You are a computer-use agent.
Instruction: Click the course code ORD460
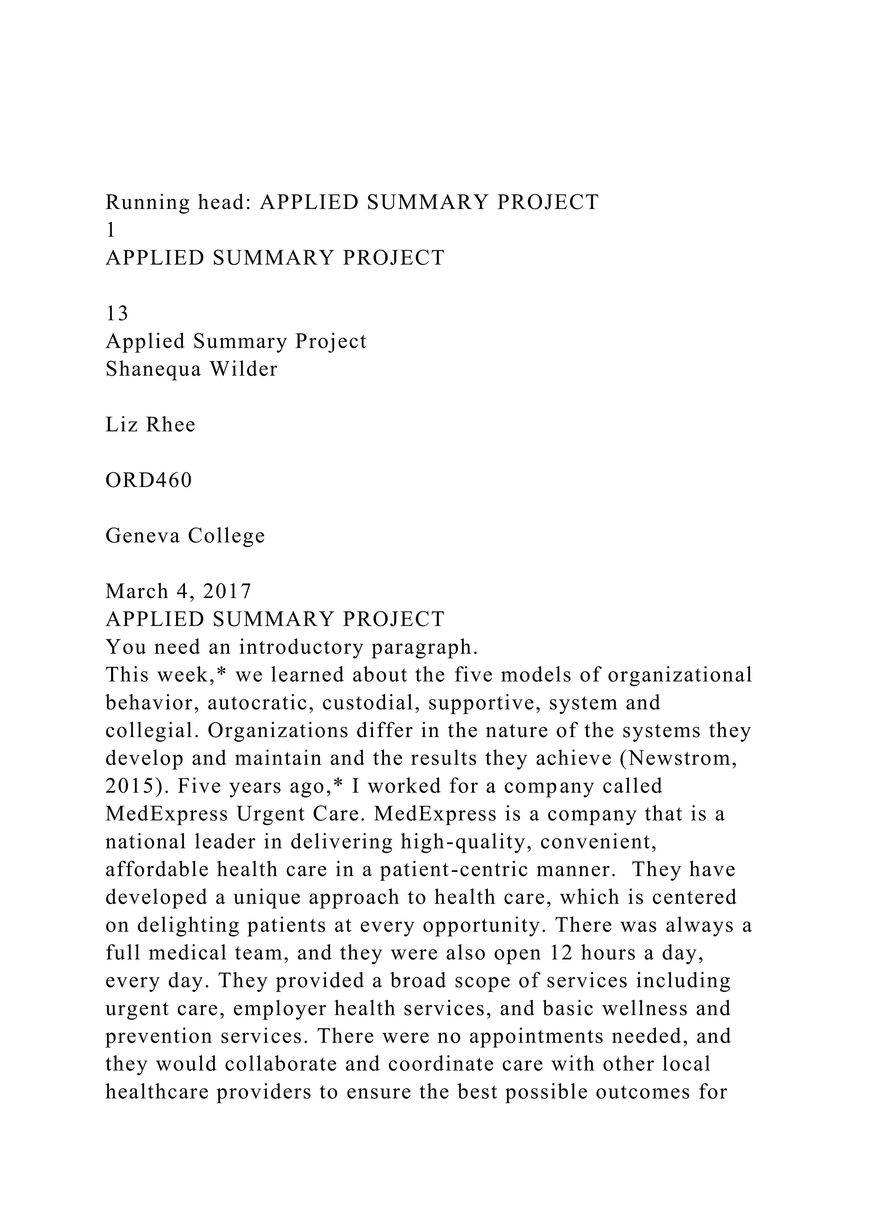tap(148, 480)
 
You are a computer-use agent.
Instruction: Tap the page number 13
tap(117, 314)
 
